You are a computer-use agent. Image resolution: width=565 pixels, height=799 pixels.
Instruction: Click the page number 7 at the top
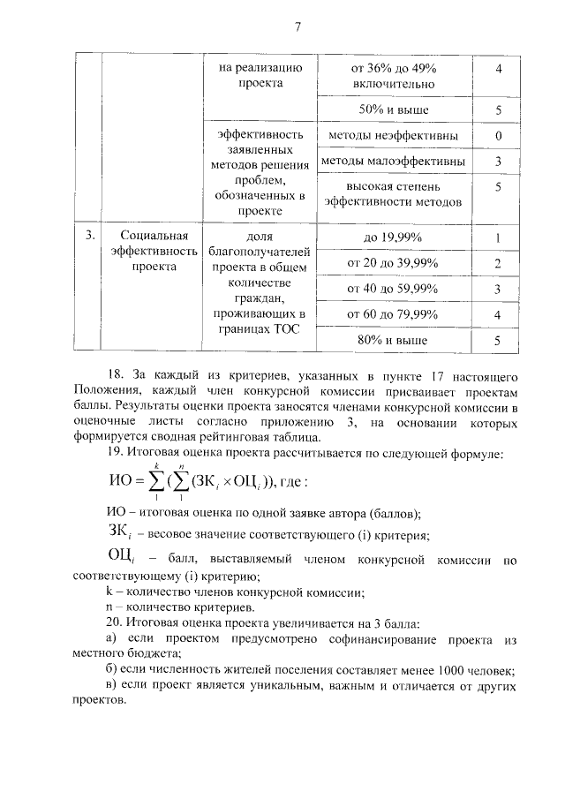[x=298, y=26]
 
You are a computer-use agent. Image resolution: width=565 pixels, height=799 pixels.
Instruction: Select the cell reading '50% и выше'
[x=394, y=110]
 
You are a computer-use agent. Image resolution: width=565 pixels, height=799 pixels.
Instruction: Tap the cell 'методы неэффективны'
[x=394, y=136]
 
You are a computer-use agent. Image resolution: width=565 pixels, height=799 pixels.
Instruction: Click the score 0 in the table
[x=499, y=136]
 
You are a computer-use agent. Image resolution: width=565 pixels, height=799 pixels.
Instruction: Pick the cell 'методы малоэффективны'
[x=394, y=162]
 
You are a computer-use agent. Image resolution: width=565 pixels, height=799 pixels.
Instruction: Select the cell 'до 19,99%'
[x=394, y=237]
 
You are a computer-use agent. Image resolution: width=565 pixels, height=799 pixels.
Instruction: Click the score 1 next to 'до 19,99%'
[x=499, y=237]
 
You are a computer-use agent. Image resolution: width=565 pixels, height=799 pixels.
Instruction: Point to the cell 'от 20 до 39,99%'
[x=394, y=263]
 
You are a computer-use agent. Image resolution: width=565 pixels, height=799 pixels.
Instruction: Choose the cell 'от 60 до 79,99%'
[x=394, y=314]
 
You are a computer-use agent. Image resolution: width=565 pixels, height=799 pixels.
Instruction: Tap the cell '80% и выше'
[x=394, y=340]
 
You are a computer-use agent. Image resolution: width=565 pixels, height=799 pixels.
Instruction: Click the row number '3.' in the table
[x=89, y=237]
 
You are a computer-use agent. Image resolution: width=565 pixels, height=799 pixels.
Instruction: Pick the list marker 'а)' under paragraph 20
[x=111, y=638]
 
